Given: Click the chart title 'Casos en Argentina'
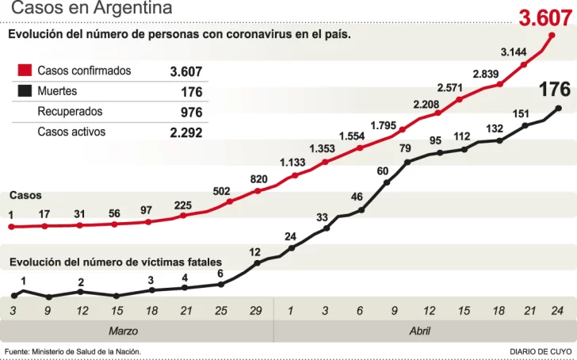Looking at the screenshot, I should click(92, 9).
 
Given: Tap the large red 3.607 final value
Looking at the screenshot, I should click(546, 18).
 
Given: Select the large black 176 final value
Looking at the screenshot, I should click(555, 90).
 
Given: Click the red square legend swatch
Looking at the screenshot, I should click(25, 71).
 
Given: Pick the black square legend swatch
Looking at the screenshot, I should click(25, 91).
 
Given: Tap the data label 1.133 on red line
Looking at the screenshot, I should click(292, 163).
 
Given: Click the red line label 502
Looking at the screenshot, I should click(222, 191).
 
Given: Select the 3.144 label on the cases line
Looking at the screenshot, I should click(514, 52).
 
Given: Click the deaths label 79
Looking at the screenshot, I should click(405, 148).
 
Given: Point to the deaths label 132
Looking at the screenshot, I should click(495, 128).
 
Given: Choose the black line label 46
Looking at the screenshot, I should click(357, 197).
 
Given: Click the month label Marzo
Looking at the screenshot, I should click(123, 331).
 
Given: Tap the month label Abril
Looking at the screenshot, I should click(420, 331).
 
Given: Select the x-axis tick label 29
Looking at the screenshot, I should click(256, 311).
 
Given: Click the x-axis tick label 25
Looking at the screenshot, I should click(221, 311).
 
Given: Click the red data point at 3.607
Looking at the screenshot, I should click(552, 36).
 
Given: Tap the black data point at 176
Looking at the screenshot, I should click(560, 109).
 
